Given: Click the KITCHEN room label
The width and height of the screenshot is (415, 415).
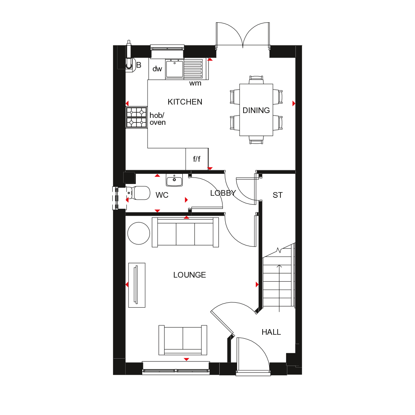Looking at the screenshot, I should click(x=185, y=102).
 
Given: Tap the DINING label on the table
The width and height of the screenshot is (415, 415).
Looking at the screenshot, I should click(x=256, y=110).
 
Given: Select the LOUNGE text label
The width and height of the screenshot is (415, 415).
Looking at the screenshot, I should click(x=189, y=275).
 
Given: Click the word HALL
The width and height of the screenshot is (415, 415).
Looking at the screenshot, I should click(x=271, y=332).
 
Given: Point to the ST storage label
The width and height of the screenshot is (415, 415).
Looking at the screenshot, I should click(x=278, y=195).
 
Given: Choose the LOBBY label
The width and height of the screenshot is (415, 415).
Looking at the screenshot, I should click(x=223, y=193).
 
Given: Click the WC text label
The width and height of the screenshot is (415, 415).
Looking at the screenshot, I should click(x=162, y=195).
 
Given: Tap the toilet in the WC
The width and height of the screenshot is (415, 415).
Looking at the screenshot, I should click(x=139, y=193).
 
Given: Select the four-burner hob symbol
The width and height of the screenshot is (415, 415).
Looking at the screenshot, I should click(x=136, y=117).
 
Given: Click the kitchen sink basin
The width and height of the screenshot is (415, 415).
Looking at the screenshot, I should click(x=174, y=69).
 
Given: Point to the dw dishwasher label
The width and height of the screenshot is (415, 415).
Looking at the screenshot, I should click(x=157, y=69).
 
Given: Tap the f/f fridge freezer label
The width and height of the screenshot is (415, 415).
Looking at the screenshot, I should click(x=197, y=159).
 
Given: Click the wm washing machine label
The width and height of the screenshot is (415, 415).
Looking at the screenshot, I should click(x=195, y=83).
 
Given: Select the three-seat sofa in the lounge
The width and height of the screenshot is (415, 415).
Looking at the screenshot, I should click(x=185, y=232).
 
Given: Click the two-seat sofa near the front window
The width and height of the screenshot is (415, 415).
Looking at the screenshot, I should click(x=183, y=340).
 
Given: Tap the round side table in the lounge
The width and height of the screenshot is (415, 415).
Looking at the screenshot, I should click(x=139, y=233).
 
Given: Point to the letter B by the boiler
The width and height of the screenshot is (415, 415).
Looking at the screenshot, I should click(x=139, y=65).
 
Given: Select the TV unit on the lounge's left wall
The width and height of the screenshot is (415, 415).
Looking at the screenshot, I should click(x=137, y=285).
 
